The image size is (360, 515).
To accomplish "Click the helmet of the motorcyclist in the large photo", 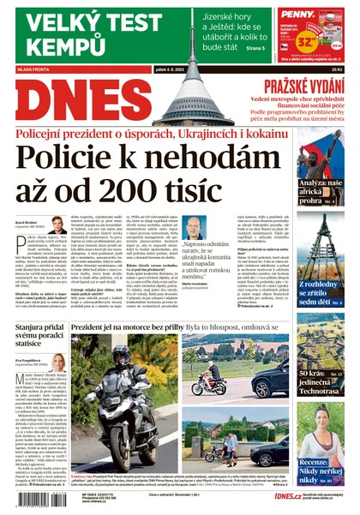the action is tap(120, 356).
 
